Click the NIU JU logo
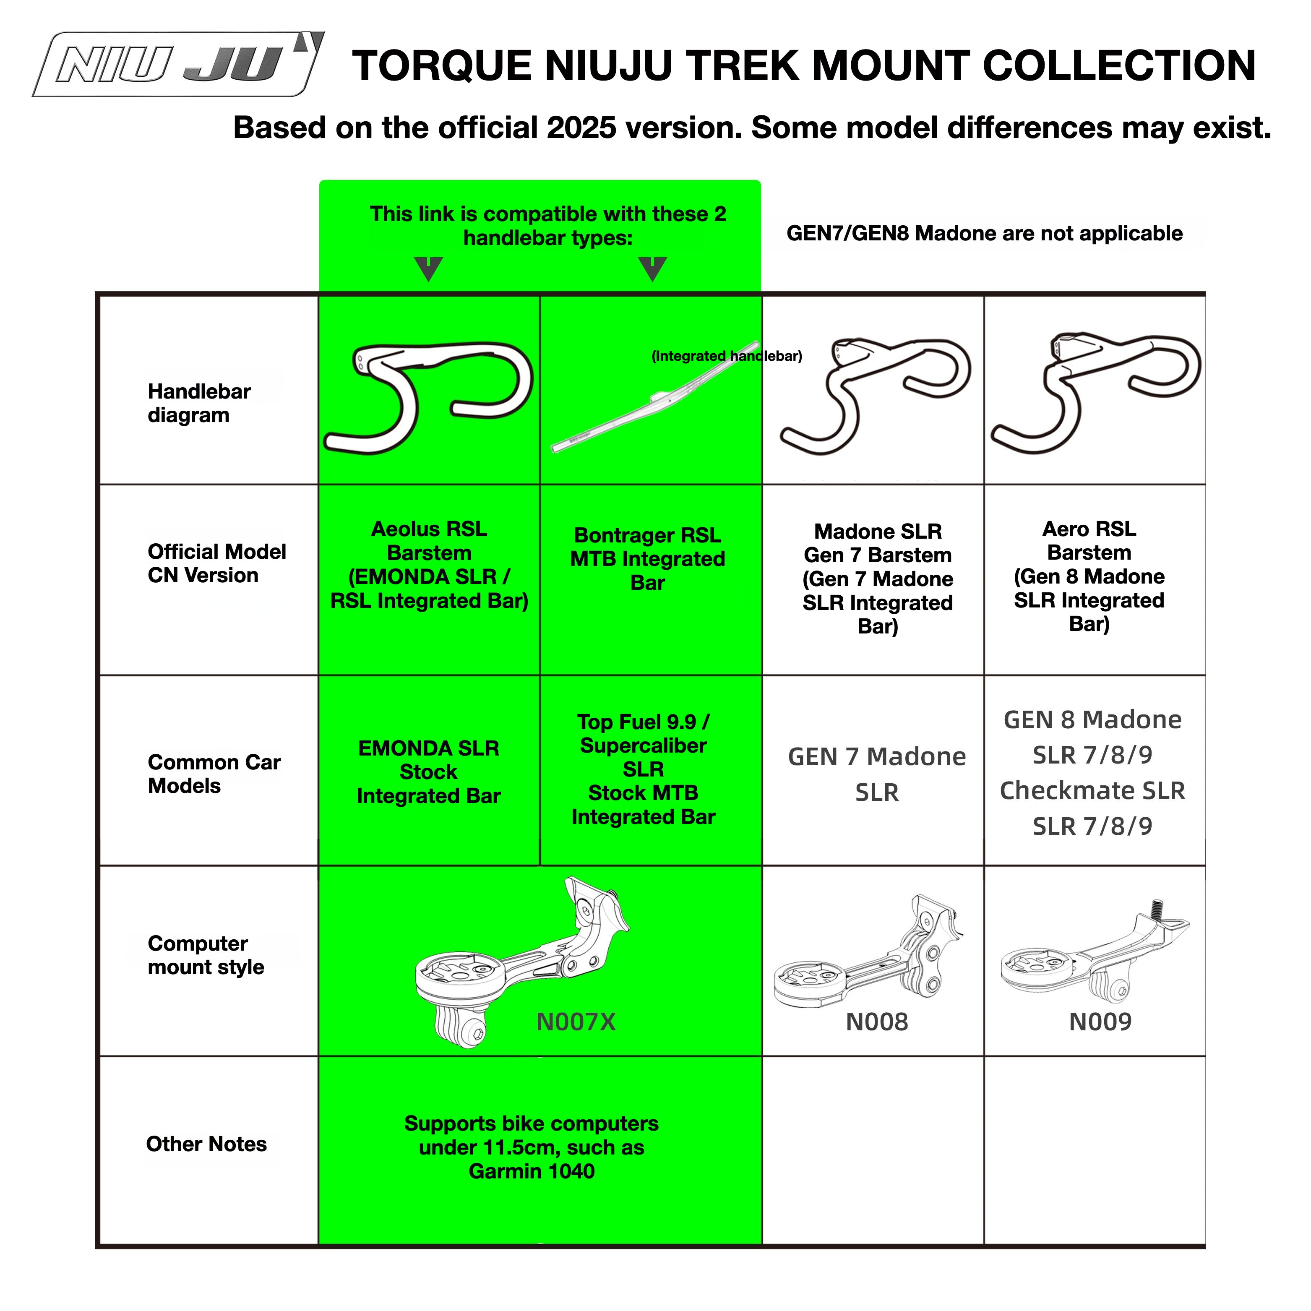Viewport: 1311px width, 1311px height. (178, 65)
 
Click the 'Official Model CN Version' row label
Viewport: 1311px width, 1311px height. (216, 563)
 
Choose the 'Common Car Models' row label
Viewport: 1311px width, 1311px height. (214, 774)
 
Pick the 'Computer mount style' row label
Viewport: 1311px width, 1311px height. (206, 955)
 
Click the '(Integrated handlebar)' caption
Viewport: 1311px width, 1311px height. (727, 356)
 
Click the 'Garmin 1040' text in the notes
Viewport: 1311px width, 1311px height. (531, 1171)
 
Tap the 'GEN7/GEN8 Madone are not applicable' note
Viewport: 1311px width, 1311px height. (984, 233)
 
